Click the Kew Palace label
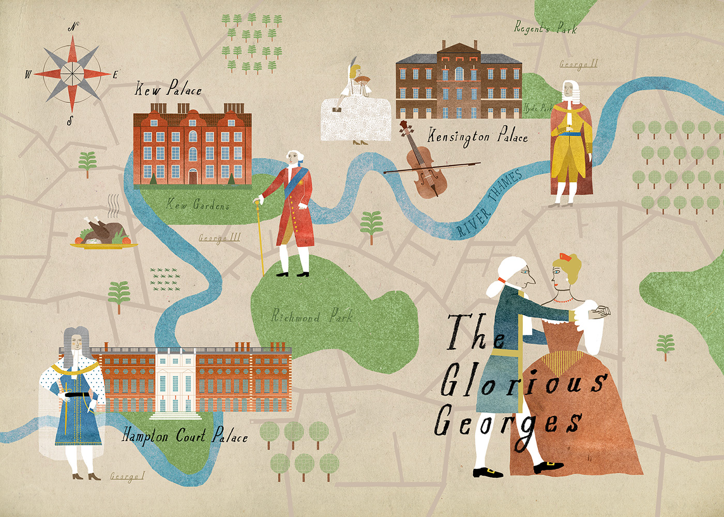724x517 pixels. (x=168, y=89)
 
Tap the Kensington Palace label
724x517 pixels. (x=477, y=136)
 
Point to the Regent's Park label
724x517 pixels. (x=545, y=27)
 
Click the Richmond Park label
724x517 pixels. (x=312, y=316)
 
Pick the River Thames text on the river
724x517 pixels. (x=489, y=205)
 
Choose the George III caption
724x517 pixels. (x=219, y=238)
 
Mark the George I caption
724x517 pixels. (x=127, y=476)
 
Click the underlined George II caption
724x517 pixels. (x=578, y=64)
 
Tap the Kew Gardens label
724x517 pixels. (x=198, y=205)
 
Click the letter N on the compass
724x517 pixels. (x=73, y=27)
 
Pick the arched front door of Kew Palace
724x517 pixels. (x=192, y=176)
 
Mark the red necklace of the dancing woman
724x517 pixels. (x=563, y=300)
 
